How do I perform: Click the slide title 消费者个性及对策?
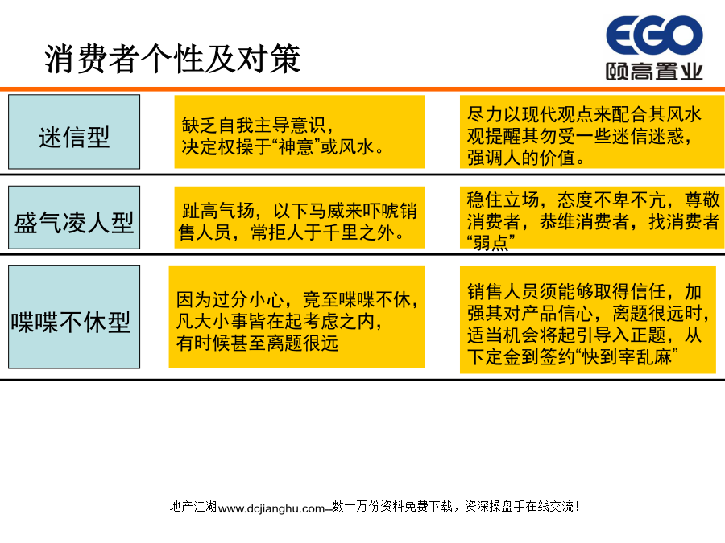(172, 59)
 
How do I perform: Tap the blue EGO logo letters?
(654, 35)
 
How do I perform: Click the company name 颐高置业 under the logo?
(654, 72)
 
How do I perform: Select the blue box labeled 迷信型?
(74, 132)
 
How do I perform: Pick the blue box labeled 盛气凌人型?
(74, 217)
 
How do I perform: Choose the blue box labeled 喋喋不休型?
(74, 317)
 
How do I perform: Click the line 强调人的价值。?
(526, 158)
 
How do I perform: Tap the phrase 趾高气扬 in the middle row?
(218, 211)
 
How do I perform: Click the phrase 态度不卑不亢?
(611, 200)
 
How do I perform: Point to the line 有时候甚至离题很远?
(257, 343)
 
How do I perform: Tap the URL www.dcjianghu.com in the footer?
(271, 508)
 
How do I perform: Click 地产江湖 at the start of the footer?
(193, 507)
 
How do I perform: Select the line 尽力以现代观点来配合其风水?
(585, 114)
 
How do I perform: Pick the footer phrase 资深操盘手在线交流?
(520, 507)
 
